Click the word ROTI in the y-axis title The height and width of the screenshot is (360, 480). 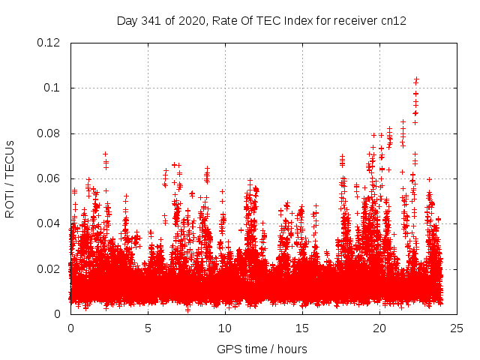[x=10, y=203]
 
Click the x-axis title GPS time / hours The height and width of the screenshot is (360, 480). [x=261, y=349]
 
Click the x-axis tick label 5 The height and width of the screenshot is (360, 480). [x=148, y=328]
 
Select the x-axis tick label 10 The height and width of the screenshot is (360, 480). [x=225, y=328]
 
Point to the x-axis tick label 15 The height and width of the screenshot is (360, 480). [x=302, y=328]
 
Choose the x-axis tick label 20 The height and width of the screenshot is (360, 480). [x=379, y=328]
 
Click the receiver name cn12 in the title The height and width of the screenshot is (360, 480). [x=393, y=21]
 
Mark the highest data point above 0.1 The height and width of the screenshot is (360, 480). [x=416, y=79]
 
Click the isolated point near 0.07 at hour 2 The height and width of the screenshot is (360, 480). [x=106, y=154]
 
